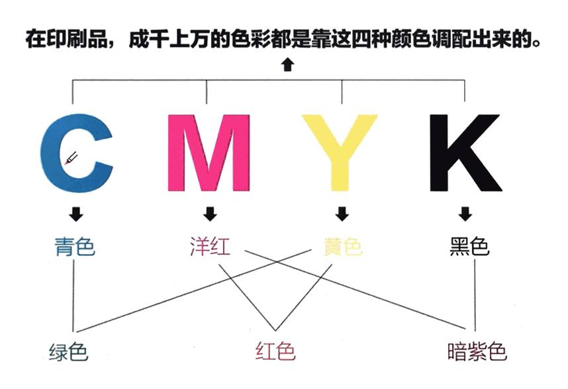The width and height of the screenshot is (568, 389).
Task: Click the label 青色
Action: (x=74, y=247)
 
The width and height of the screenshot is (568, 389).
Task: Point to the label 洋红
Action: (x=209, y=247)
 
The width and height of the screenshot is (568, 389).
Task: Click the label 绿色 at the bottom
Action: (x=68, y=351)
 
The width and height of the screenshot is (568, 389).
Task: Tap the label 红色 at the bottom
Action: (x=275, y=351)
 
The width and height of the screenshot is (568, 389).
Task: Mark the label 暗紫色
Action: (x=477, y=351)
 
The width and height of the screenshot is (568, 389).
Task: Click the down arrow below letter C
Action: (x=75, y=214)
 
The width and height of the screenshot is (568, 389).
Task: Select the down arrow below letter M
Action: (x=210, y=214)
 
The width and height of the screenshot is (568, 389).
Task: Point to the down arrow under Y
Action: (x=342, y=214)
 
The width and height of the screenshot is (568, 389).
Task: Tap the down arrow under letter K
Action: (x=466, y=214)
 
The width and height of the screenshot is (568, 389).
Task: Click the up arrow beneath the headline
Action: (x=286, y=64)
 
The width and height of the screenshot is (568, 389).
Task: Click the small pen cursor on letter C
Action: (x=71, y=158)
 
